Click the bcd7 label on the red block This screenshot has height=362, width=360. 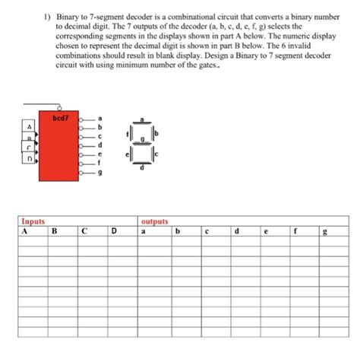click(x=61, y=118)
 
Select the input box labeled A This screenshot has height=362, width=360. click(x=29, y=126)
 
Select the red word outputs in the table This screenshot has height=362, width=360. click(x=154, y=222)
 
